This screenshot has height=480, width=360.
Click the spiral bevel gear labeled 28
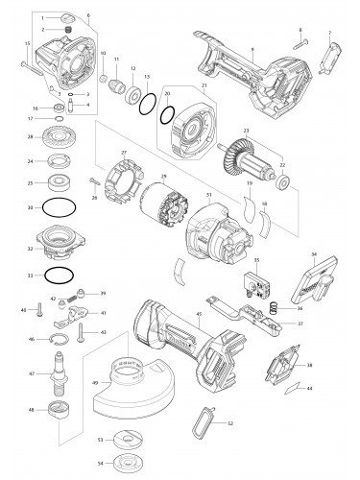tap(62, 137)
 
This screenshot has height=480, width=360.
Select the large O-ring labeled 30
tap(62, 206)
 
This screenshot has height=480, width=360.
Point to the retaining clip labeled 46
tap(60, 339)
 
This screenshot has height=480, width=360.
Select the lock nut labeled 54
tap(123, 464)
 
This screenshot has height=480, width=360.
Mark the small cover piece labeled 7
tap(330, 49)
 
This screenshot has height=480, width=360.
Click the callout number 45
tap(199, 314)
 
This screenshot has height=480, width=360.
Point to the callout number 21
tap(203, 85)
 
